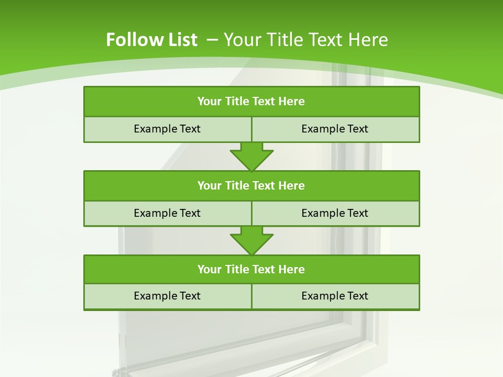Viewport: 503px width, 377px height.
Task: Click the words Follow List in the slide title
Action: [x=151, y=40]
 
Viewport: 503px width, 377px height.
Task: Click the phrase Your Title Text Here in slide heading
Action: [x=306, y=40]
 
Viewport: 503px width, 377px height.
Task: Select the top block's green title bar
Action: [x=251, y=102]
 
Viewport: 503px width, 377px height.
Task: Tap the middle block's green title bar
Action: [x=251, y=185]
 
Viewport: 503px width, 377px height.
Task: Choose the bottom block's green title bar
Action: [x=251, y=269]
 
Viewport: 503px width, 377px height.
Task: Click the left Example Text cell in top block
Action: [x=167, y=129]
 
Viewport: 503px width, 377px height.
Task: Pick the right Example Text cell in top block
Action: [x=335, y=129]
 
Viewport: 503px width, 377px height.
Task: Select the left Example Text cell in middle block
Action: [x=167, y=213]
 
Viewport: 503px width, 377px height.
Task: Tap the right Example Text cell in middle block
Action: [x=335, y=213]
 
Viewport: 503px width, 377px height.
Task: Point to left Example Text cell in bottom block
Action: [x=167, y=296]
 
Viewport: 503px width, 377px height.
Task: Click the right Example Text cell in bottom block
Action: [x=335, y=296]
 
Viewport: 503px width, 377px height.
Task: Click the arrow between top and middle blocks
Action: [x=251, y=156]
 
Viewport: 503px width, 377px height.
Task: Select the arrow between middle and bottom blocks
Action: [x=251, y=240]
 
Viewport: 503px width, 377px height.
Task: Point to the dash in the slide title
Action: [x=213, y=39]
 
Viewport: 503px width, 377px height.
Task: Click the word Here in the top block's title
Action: [x=292, y=102]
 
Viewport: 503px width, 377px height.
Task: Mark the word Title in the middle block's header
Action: [x=237, y=185]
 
